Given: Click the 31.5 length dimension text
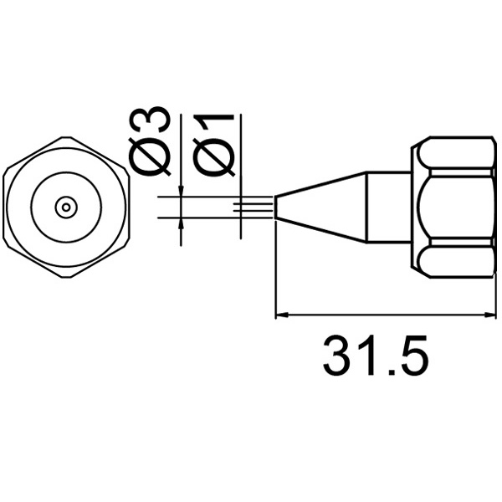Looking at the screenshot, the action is pos(375,356).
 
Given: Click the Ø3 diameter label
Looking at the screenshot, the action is pos(150,141).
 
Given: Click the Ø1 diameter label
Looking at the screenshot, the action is pos(213,145).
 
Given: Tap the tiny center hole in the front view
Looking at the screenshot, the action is pos(66,207).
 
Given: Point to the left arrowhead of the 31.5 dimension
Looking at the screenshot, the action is pos(282,315).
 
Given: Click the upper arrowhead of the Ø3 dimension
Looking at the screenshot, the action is pos(182,190).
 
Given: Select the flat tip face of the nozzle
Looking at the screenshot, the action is pos(275,207).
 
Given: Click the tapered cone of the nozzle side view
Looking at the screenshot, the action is pos(321,207).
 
